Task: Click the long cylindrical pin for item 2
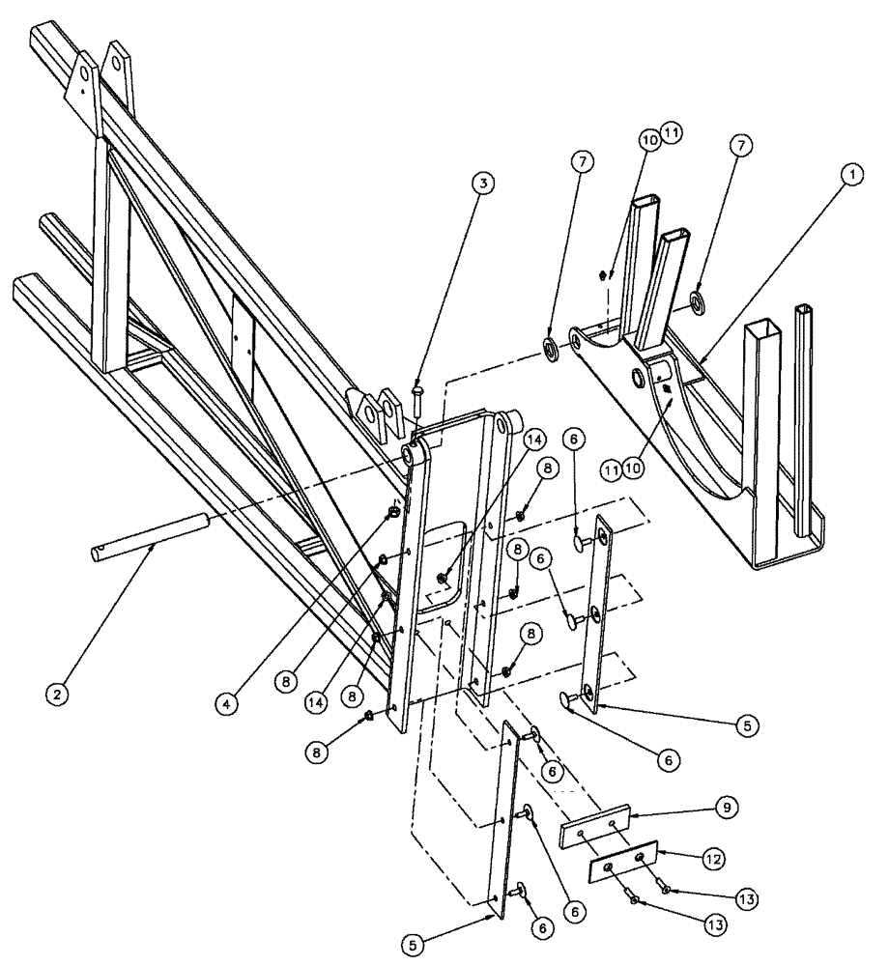(155, 534)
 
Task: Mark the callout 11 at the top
(670, 134)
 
